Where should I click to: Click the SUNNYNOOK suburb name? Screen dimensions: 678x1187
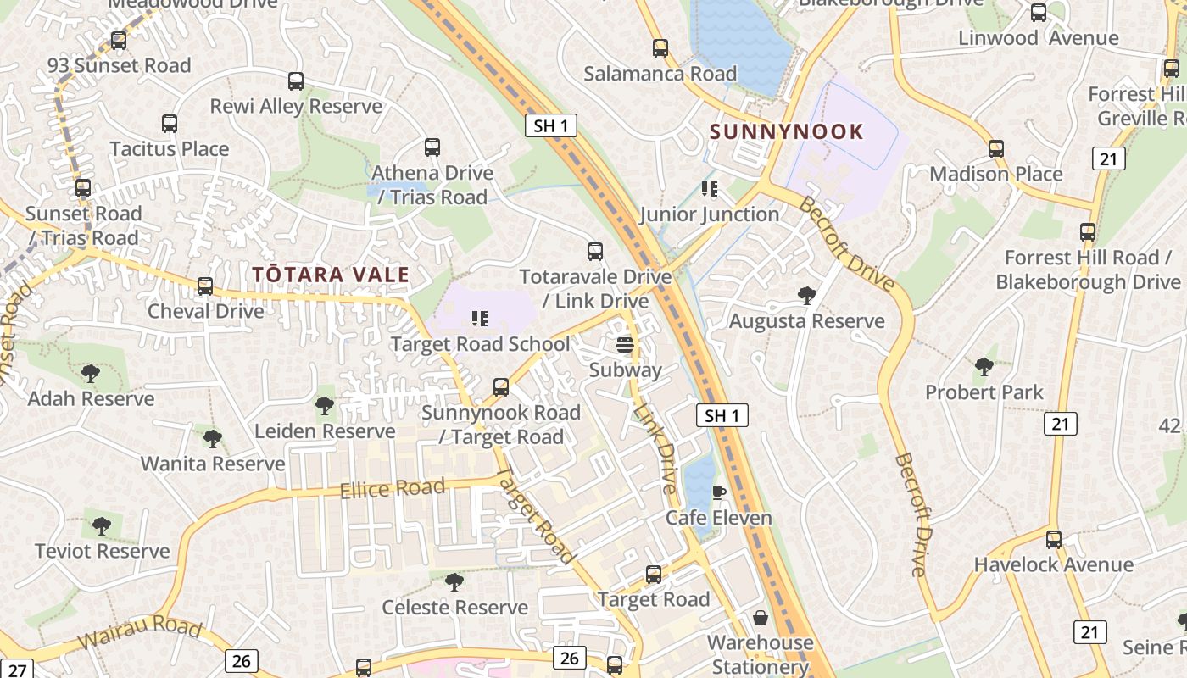click(786, 132)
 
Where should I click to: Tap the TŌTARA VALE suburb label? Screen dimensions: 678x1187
click(331, 275)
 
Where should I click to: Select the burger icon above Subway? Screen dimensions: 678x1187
click(625, 345)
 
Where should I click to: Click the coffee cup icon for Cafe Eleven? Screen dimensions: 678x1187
click(719, 493)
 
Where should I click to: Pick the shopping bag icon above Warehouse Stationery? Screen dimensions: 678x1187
click(761, 618)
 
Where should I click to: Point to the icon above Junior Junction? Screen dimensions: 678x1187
click(709, 189)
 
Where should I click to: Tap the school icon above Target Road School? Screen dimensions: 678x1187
click(480, 319)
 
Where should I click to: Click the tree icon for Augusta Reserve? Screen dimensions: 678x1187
click(807, 296)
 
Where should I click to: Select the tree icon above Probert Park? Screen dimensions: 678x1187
click(984, 367)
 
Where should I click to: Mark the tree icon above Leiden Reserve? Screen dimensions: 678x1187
click(324, 406)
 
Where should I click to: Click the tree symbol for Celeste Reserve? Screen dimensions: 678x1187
click(454, 582)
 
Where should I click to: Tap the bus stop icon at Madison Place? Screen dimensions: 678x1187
click(996, 149)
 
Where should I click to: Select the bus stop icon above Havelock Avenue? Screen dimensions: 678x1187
click(1053, 540)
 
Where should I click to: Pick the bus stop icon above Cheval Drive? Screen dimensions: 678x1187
click(205, 286)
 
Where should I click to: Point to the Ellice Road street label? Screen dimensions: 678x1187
click(392, 488)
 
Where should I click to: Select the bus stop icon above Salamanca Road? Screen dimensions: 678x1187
click(660, 48)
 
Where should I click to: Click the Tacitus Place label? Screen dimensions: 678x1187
click(170, 149)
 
